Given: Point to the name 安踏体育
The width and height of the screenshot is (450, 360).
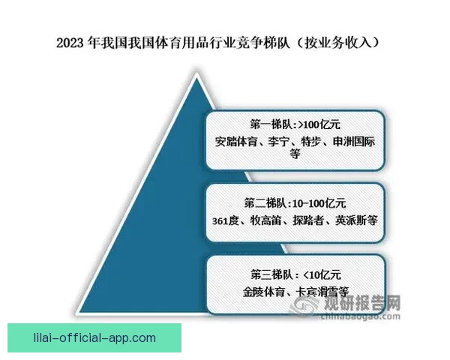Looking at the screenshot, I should [234, 139].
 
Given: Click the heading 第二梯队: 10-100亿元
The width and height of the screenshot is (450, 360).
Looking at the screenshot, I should [295, 202].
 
